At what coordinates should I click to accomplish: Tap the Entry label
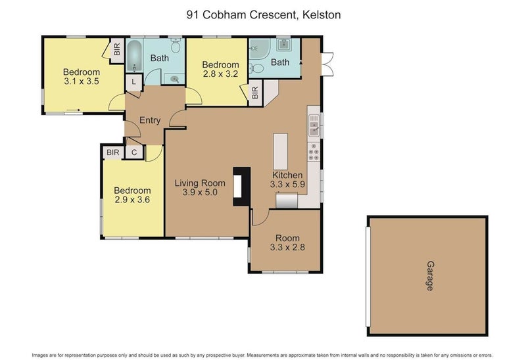click(150, 120)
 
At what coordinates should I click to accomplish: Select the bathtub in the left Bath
click(133, 55)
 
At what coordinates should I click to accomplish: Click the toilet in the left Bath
click(176, 46)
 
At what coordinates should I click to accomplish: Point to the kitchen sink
click(314, 123)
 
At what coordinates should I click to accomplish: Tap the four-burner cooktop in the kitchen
click(314, 156)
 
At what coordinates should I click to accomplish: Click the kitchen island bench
click(281, 152)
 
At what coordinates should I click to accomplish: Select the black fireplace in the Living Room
click(243, 187)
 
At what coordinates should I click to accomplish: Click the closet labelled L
click(133, 81)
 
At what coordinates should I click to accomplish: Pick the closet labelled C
click(133, 152)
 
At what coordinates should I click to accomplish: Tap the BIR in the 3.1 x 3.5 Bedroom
click(117, 50)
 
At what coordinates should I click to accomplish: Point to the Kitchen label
click(287, 175)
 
